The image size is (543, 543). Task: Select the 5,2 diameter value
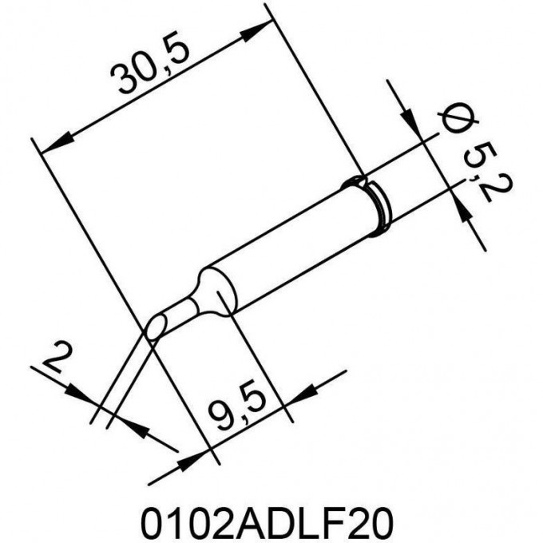click(x=488, y=172)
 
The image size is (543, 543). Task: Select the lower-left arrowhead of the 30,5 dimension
click(x=57, y=142)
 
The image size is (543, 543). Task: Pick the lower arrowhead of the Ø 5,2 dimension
click(x=462, y=209)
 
